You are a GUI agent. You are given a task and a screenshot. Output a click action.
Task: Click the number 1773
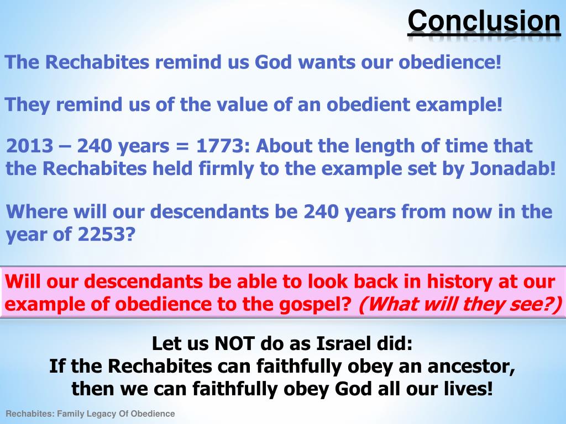coord(218,146)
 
